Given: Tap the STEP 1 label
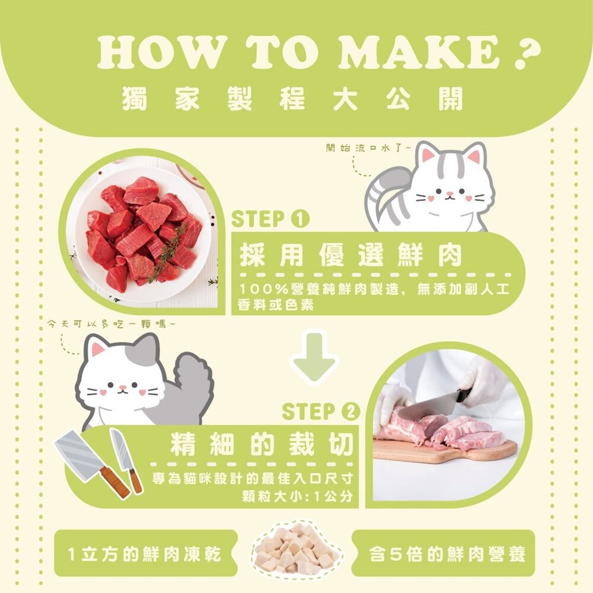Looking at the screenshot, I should (270, 219).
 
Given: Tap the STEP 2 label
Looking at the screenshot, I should (321, 411).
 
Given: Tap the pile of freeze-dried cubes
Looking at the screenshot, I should (295, 548).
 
